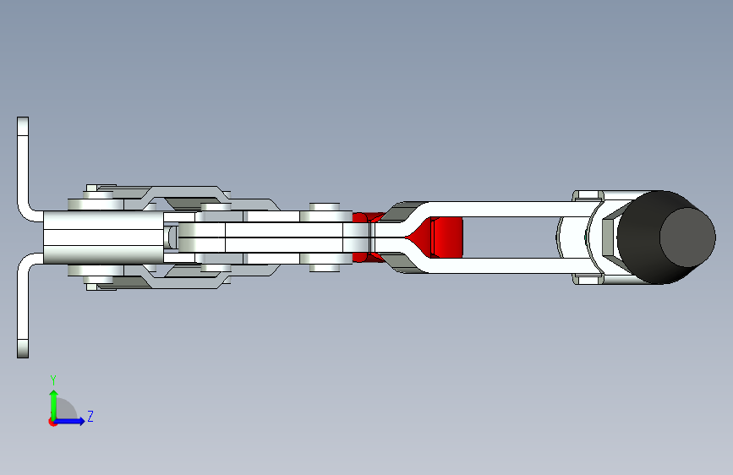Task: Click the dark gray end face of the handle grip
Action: point(687,237)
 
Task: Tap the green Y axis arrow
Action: point(54,405)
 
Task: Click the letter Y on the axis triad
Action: point(53,379)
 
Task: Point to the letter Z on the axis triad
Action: point(90,416)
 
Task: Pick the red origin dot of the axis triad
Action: point(52,422)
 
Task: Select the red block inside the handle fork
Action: point(446,237)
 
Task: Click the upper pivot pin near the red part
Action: point(325,207)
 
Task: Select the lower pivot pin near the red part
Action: point(325,268)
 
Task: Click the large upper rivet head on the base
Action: point(96,205)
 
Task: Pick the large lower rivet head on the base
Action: point(96,270)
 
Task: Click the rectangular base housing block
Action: point(103,237)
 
